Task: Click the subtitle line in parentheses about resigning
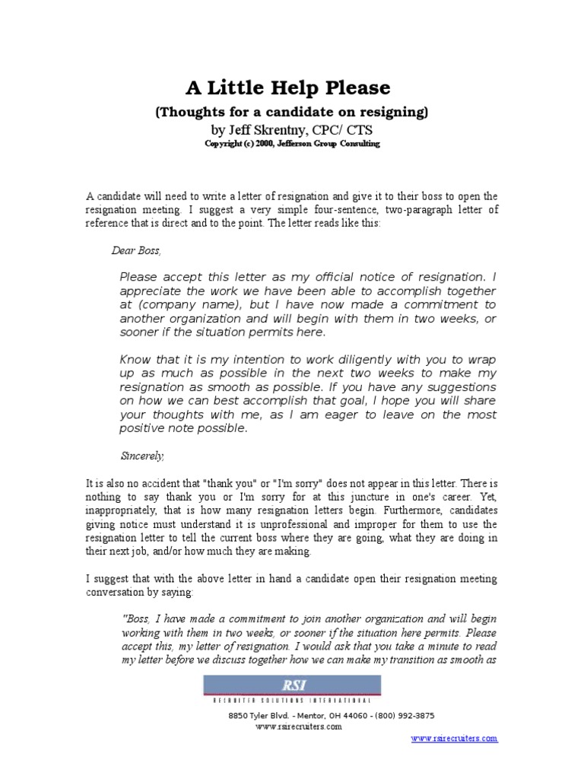(x=292, y=113)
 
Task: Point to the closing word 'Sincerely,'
(x=142, y=456)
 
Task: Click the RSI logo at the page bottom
(x=292, y=686)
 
